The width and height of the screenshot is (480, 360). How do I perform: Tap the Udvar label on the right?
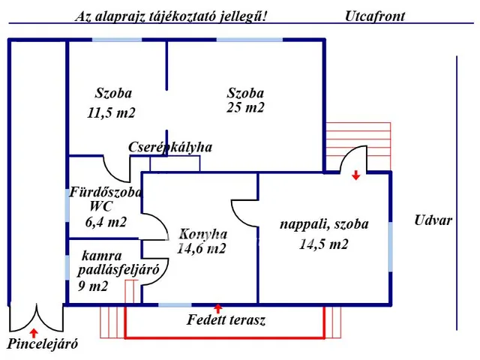click(433, 220)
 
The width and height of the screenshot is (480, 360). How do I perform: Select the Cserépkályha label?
click(170, 147)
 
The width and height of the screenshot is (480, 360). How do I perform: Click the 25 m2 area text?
click(246, 107)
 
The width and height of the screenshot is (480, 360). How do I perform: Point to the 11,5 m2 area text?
click(112, 113)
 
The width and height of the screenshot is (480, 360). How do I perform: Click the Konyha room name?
click(202, 232)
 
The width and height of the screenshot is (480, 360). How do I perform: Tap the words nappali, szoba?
click(324, 223)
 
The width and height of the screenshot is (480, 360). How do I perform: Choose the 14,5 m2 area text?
click(324, 243)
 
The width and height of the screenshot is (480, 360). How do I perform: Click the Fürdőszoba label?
click(106, 192)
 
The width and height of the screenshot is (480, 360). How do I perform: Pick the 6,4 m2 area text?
click(106, 222)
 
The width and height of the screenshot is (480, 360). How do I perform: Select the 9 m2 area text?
click(92, 286)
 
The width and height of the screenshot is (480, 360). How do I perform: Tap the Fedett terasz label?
click(226, 320)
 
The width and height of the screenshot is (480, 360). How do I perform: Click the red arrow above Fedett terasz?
click(218, 307)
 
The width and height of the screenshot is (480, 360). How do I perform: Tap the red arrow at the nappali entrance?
click(355, 175)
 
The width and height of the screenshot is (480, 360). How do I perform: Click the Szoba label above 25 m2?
click(246, 94)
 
